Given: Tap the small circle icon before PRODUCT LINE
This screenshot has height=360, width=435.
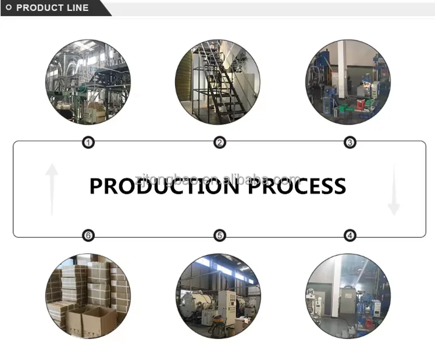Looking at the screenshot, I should click(x=9, y=8).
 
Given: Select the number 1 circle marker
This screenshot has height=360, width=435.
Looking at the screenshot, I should click(x=88, y=142).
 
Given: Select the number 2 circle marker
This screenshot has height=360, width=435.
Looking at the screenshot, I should click(x=219, y=142).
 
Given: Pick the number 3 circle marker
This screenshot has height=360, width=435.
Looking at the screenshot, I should click(x=350, y=142).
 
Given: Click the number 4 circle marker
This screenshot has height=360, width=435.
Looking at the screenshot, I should click(x=350, y=236).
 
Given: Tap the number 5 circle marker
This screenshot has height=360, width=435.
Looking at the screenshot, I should click(x=219, y=236).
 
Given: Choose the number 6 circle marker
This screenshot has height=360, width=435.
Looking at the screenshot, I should click(x=88, y=236).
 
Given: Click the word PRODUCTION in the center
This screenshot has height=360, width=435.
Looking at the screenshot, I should click(x=163, y=187).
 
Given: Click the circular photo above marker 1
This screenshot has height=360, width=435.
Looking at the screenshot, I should click(x=88, y=82).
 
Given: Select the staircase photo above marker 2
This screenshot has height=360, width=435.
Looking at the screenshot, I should click(x=218, y=82).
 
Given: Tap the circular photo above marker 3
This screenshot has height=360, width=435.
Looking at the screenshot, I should click(x=348, y=82).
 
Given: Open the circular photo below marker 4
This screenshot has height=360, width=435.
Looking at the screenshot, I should click(x=348, y=295).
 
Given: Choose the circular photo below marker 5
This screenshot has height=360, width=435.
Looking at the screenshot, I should click(x=218, y=295).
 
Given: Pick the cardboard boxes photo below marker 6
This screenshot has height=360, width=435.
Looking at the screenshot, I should click(x=88, y=295).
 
